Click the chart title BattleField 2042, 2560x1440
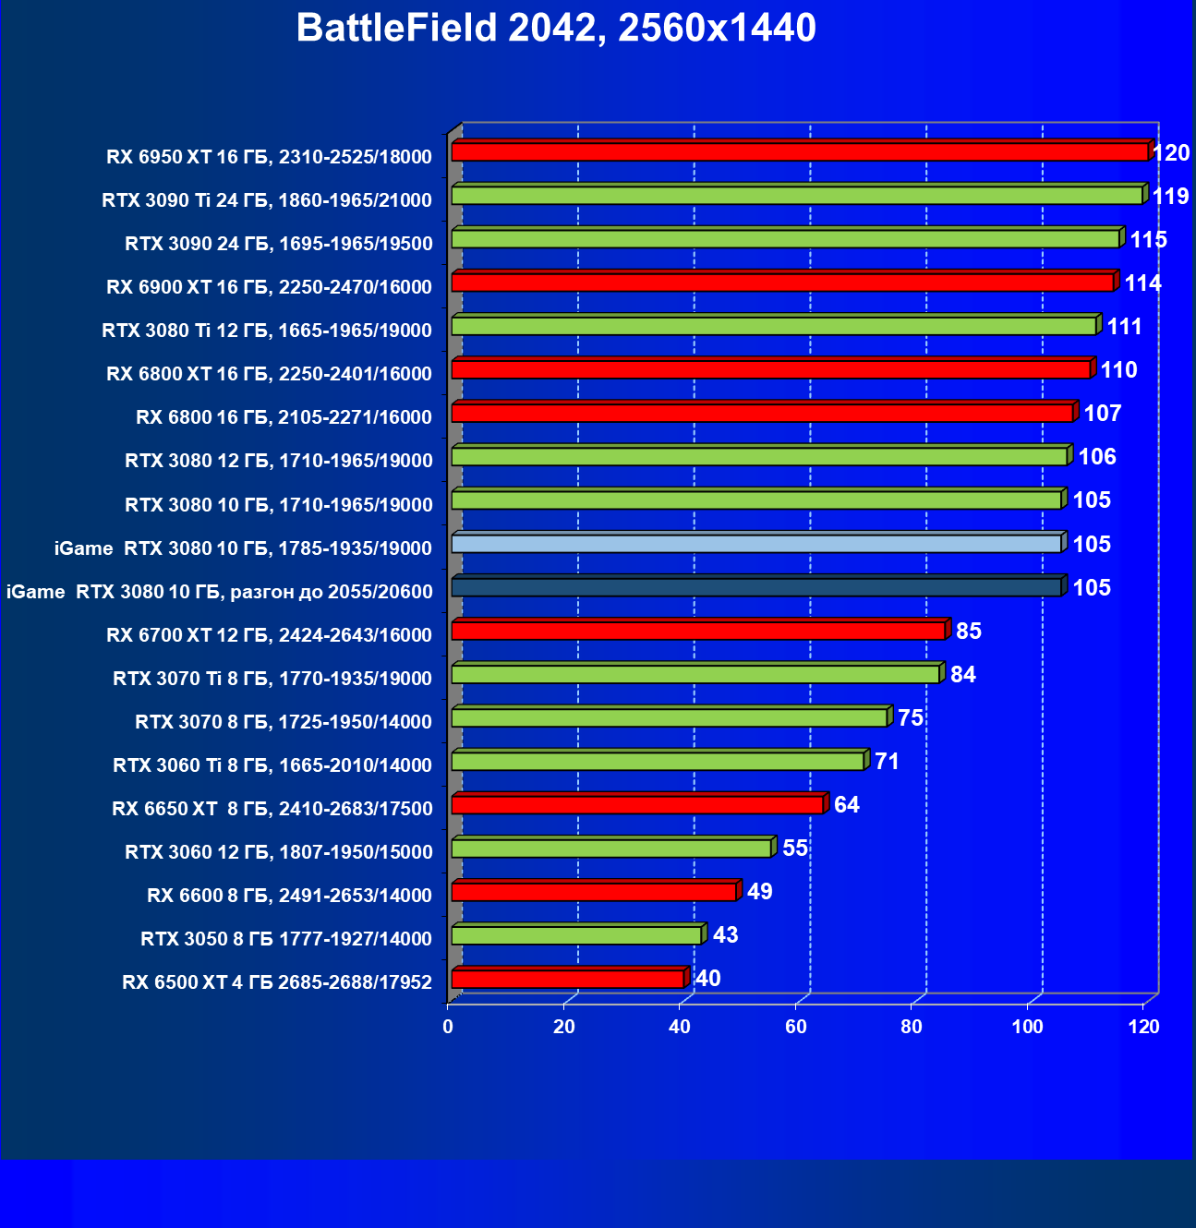[x=556, y=29]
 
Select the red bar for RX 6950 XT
[x=799, y=152]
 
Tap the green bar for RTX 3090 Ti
[x=796, y=196]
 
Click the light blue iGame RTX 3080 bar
[x=755, y=544]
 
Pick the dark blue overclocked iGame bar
[x=755, y=587]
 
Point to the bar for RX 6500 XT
[x=567, y=979]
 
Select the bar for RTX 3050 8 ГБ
[x=575, y=935]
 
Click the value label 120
[x=1171, y=153]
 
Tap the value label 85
[x=969, y=632]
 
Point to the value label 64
[x=847, y=805]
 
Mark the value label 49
[x=760, y=892]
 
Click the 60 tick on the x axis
[x=795, y=1028]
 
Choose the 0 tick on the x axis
[x=448, y=1028]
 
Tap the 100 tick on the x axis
[x=1027, y=1028]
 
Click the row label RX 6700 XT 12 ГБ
[x=269, y=635]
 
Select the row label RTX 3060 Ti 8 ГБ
[x=272, y=765]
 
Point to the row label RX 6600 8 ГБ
[x=289, y=896]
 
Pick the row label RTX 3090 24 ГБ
[x=279, y=244]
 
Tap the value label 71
[x=887, y=762]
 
